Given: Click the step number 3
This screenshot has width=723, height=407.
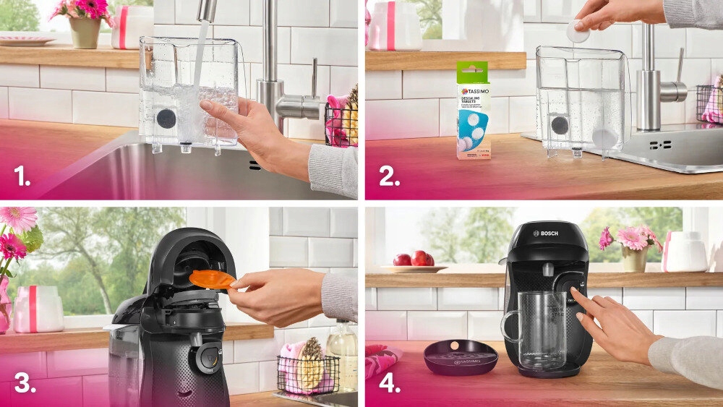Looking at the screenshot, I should pyautogui.click(x=25, y=382).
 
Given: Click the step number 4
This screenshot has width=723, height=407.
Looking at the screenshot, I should pyautogui.click(x=390, y=382).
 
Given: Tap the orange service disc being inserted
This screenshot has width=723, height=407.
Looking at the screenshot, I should pyautogui.click(x=212, y=278).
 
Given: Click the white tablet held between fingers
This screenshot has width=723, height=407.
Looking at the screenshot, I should pyautogui.click(x=577, y=31).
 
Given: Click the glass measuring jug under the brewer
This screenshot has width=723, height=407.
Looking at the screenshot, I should pyautogui.click(x=535, y=329).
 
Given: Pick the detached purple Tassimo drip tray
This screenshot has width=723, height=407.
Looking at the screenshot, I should pyautogui.click(x=461, y=356).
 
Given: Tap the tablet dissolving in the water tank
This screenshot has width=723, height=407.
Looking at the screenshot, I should pyautogui.click(x=602, y=136).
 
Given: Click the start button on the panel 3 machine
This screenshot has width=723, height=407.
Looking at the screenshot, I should pyautogui.click(x=207, y=356).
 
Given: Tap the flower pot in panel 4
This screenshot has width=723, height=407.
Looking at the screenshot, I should pyautogui.click(x=635, y=259).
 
